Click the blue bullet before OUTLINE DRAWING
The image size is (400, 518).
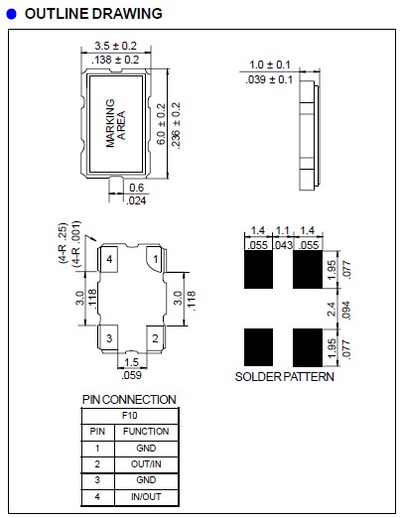(x=11, y=14)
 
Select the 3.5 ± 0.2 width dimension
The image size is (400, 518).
(x=116, y=46)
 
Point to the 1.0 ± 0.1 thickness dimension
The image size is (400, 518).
(x=268, y=65)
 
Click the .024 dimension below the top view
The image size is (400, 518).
(x=136, y=201)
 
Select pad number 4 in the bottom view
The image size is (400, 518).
(x=110, y=260)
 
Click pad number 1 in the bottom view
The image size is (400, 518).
(x=154, y=259)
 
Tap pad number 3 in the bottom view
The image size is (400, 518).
(x=110, y=337)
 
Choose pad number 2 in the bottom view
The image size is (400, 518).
(x=154, y=337)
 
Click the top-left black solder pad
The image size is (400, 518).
(x=258, y=266)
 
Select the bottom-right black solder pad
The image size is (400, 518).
(x=308, y=346)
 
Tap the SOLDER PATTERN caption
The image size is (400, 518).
(x=284, y=377)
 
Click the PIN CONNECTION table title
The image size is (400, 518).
(x=129, y=399)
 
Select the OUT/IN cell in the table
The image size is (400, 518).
(x=146, y=463)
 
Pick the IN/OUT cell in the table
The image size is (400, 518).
(x=146, y=495)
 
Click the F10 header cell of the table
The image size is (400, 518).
(x=130, y=416)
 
